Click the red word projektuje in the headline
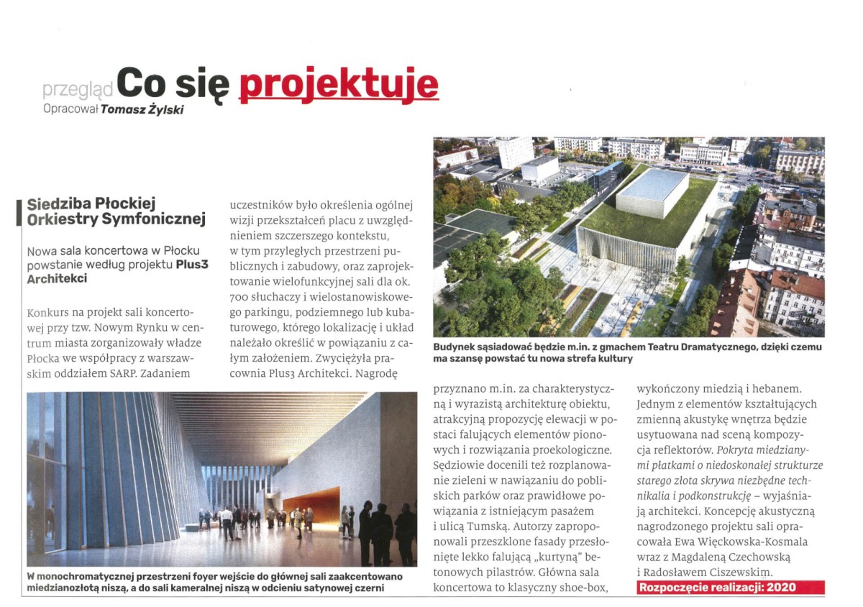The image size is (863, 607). [338, 84]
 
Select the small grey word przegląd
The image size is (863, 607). [78, 89]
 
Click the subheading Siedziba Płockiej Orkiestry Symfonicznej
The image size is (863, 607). [115, 211]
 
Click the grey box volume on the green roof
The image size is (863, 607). [652, 193]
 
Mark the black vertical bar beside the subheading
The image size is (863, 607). [20, 211]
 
